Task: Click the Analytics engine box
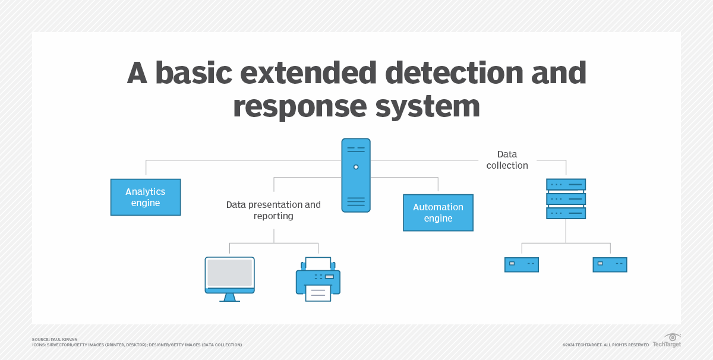click(146, 197)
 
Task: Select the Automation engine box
click(438, 213)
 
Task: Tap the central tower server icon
click(356, 175)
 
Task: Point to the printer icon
click(318, 279)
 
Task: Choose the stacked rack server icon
click(566, 199)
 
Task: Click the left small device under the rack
click(521, 264)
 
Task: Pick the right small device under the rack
click(610, 264)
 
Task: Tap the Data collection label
click(507, 160)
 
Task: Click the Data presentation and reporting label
click(273, 210)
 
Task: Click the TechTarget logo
click(667, 340)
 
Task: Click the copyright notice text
click(605, 345)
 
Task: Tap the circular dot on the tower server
click(356, 167)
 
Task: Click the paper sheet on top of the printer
click(318, 263)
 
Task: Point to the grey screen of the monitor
click(229, 272)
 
